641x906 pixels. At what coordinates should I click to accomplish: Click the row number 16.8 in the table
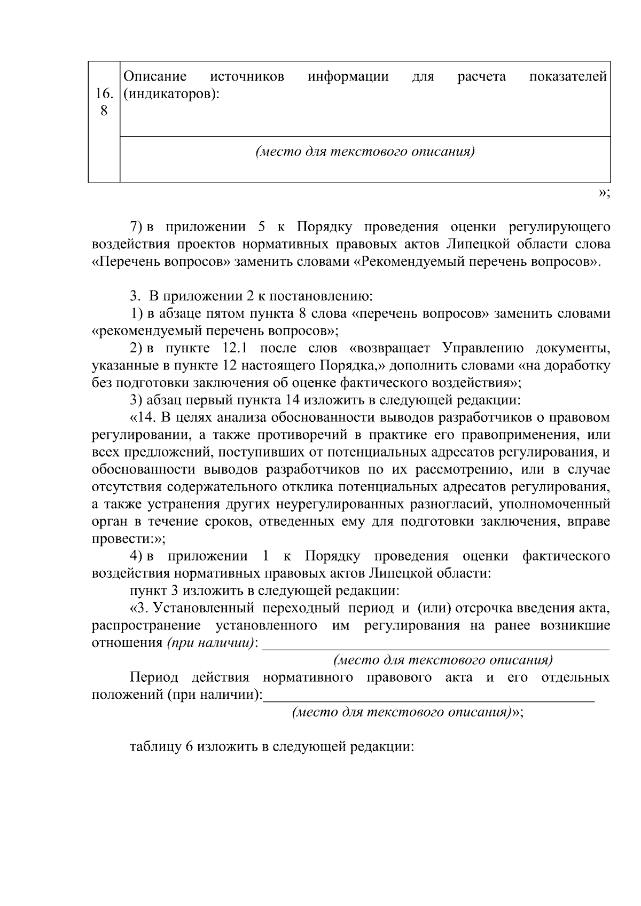tap(104, 102)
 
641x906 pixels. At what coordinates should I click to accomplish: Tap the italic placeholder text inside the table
tap(365, 152)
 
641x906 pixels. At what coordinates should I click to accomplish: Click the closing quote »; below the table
tap(604, 192)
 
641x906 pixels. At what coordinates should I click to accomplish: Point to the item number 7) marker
tap(137, 227)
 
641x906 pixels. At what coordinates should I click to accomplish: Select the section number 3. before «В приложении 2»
tap(134, 296)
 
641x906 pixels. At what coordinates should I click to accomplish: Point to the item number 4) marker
tap(137, 556)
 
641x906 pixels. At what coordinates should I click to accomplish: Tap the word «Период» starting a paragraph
tap(154, 678)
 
